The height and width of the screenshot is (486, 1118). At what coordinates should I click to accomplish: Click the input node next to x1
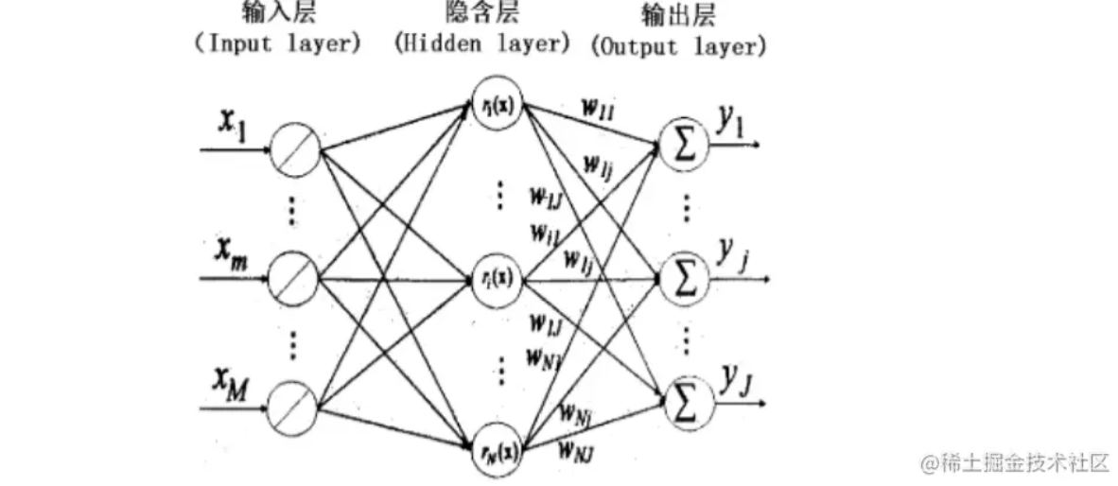tap(294, 150)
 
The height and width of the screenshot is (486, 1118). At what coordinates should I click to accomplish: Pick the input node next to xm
tap(294, 280)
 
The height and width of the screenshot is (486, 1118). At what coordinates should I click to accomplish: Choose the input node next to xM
tap(294, 410)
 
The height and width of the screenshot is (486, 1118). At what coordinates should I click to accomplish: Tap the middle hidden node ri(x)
tap(496, 280)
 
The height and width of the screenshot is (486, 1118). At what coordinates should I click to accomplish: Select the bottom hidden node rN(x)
tap(496, 449)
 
